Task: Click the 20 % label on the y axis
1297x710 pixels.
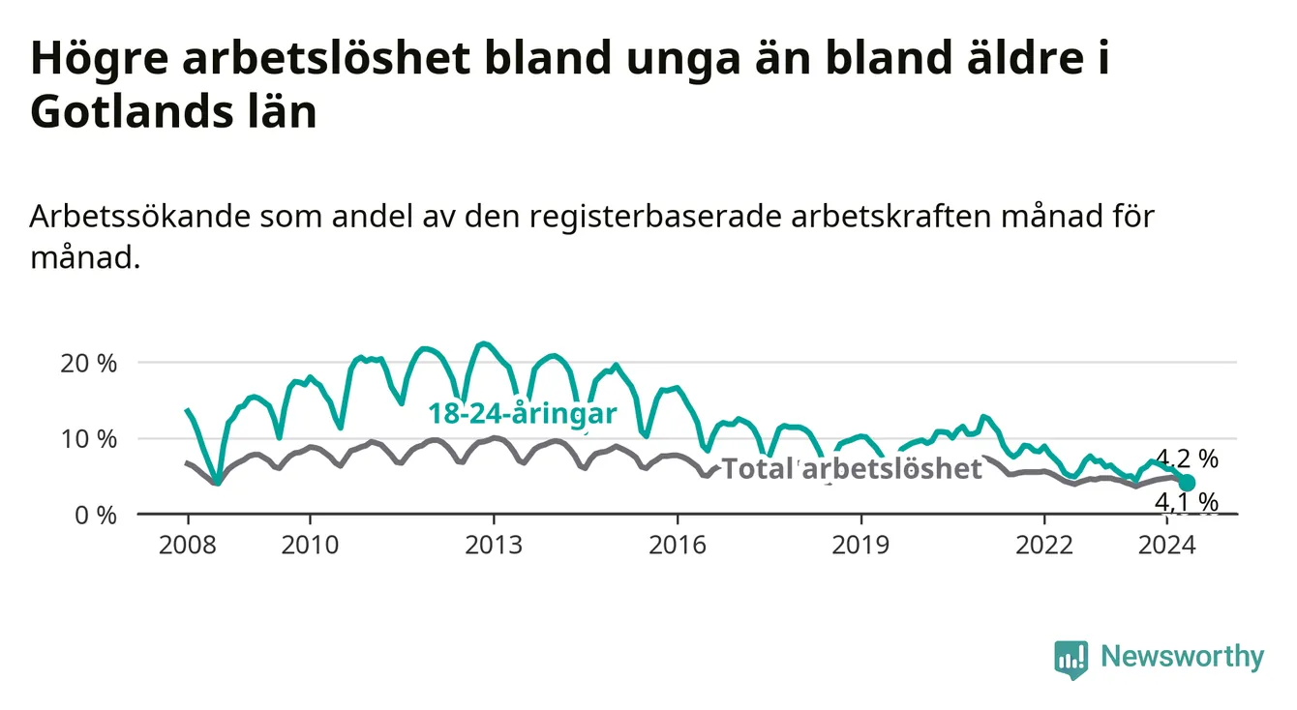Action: (x=89, y=364)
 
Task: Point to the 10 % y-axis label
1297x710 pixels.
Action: (x=89, y=440)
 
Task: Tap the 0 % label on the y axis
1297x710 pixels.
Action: (x=96, y=516)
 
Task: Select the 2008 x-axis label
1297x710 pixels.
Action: (x=188, y=546)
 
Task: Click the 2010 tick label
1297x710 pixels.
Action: (x=310, y=546)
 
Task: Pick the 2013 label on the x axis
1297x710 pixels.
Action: (x=494, y=546)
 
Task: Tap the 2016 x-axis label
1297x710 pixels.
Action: (x=677, y=546)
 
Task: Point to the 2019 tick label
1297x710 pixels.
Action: (x=860, y=546)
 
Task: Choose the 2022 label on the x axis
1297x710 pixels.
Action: (x=1044, y=546)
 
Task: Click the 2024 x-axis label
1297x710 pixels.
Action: (x=1166, y=546)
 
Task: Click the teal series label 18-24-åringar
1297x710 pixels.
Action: (x=523, y=414)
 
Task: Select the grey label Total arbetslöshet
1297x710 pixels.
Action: (x=852, y=469)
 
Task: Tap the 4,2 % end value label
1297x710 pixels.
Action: (x=1187, y=459)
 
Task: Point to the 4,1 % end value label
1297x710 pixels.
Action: (x=1187, y=502)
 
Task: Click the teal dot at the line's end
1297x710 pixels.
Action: (x=1187, y=483)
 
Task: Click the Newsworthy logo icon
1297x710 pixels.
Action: (x=1071, y=660)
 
